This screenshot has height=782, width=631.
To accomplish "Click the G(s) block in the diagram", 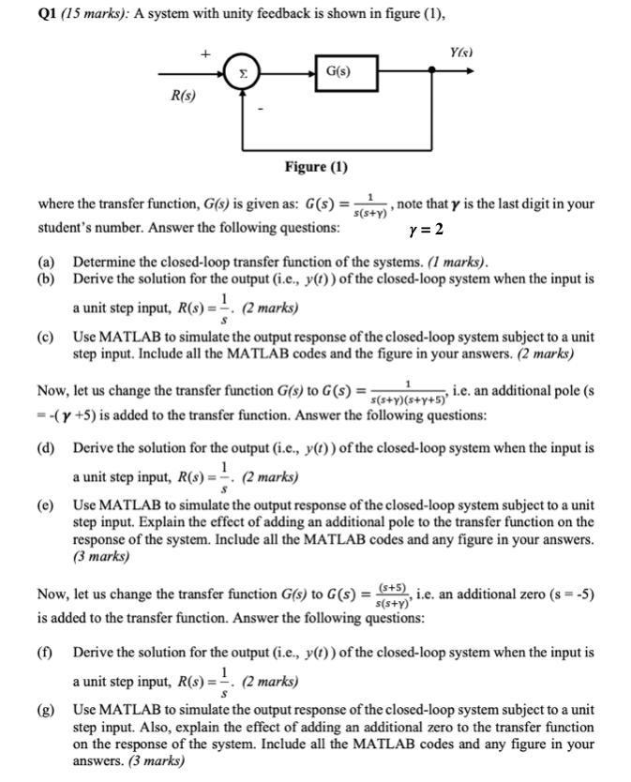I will coord(338,71).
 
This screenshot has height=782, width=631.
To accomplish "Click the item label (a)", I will coord(45,262).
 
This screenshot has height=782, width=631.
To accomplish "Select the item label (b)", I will coord(45,278).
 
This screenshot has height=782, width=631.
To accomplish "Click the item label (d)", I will coord(45,447).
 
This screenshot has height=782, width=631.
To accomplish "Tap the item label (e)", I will coord(45,505).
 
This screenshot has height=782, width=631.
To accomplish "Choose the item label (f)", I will coord(45,651).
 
